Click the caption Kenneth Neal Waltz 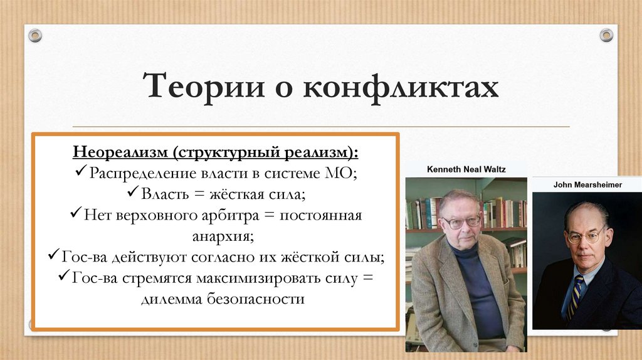(466, 169)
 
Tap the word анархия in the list (216, 237)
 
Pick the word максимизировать (274, 278)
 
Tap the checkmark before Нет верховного (76, 215)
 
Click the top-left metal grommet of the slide (34, 35)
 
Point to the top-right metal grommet (606, 35)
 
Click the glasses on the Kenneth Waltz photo (461, 221)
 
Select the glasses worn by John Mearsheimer (586, 236)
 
